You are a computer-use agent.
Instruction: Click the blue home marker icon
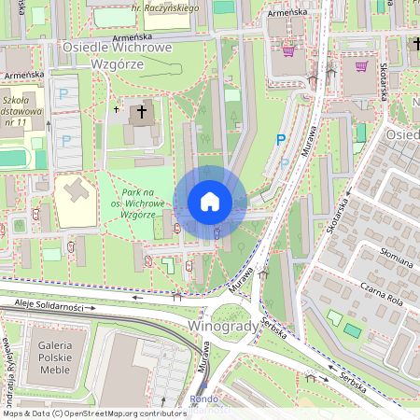[x=210, y=202]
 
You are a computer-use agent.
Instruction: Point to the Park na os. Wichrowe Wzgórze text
[x=137, y=203]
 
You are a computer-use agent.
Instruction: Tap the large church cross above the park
[x=142, y=113]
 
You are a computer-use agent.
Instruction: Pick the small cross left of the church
[x=116, y=108]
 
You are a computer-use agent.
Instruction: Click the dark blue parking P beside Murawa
[x=280, y=140]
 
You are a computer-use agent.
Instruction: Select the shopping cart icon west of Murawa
[x=289, y=50]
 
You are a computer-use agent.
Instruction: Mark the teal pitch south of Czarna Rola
[x=352, y=329]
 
